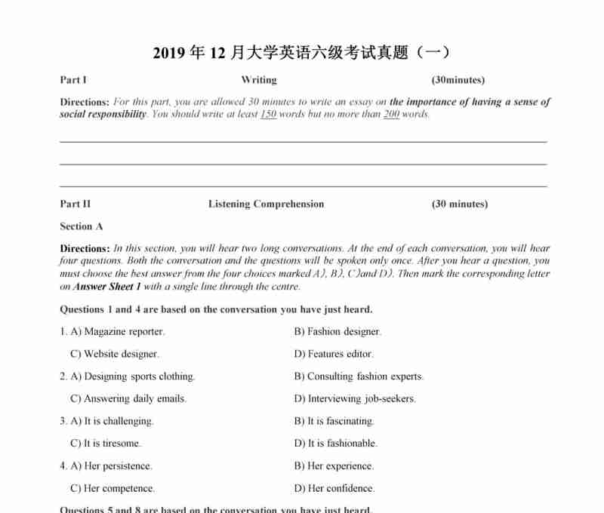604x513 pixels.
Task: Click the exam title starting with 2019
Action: (301, 53)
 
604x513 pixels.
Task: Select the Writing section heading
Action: (259, 80)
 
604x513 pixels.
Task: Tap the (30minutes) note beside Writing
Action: (458, 80)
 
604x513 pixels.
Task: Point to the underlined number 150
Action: (268, 115)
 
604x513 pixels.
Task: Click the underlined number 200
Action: (391, 115)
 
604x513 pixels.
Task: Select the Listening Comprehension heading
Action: (266, 204)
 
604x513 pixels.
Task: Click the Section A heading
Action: (82, 226)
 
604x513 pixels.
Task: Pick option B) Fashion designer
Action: (337, 332)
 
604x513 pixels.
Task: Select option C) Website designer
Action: (115, 354)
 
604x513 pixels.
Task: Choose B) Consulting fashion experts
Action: (359, 376)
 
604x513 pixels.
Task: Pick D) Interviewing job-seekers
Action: (355, 398)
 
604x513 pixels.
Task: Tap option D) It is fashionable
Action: (336, 444)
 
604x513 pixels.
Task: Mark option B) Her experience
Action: (334, 466)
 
